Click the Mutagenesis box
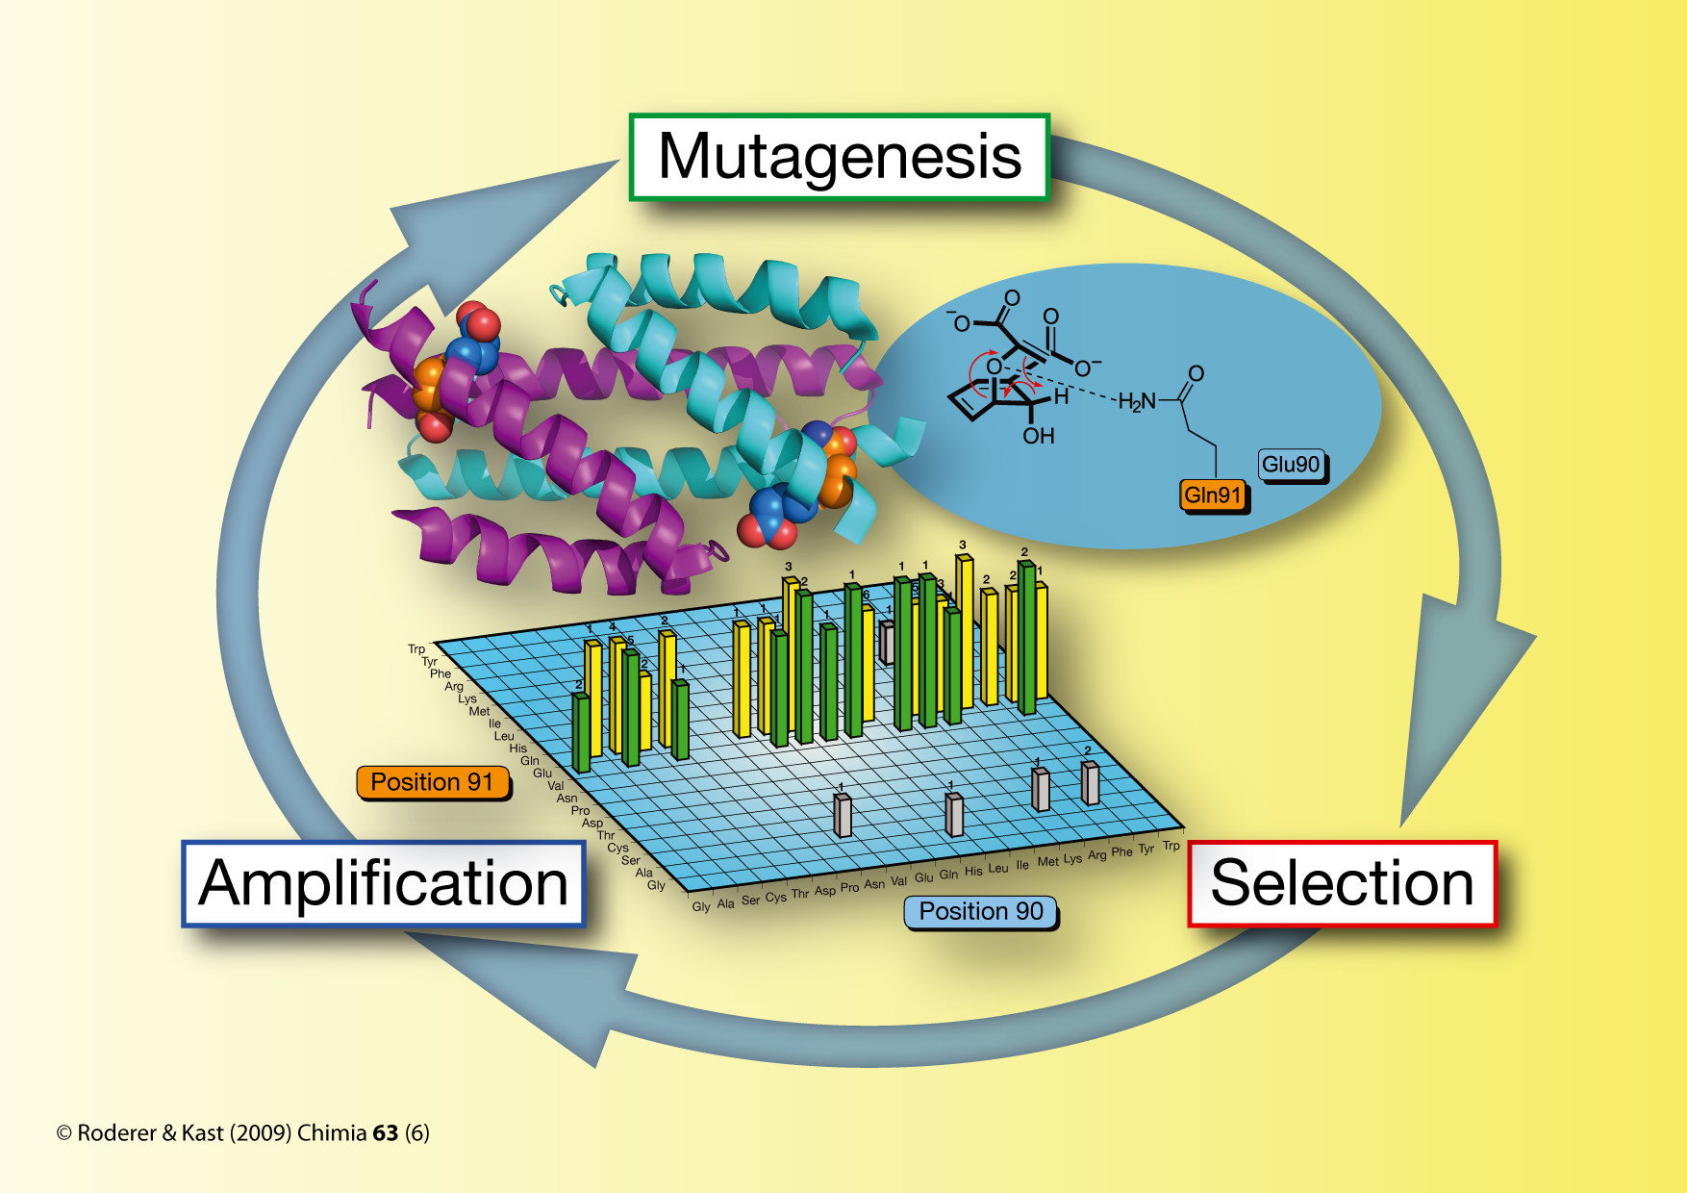click(839, 157)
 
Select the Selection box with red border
click(1342, 883)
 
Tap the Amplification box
click(383, 883)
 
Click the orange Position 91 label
click(432, 782)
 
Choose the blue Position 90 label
click(980, 911)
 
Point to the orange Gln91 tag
click(1213, 495)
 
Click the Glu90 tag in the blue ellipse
click(1291, 465)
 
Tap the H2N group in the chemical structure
click(1137, 401)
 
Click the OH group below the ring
click(1038, 436)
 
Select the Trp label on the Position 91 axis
click(415, 649)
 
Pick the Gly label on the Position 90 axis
click(701, 906)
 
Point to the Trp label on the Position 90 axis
click(1171, 846)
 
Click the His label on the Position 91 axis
click(517, 748)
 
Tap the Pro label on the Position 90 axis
click(849, 887)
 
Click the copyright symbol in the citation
click(64, 1133)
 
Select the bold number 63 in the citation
click(385, 1133)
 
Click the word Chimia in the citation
click(332, 1133)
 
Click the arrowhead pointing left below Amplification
click(567, 1001)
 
